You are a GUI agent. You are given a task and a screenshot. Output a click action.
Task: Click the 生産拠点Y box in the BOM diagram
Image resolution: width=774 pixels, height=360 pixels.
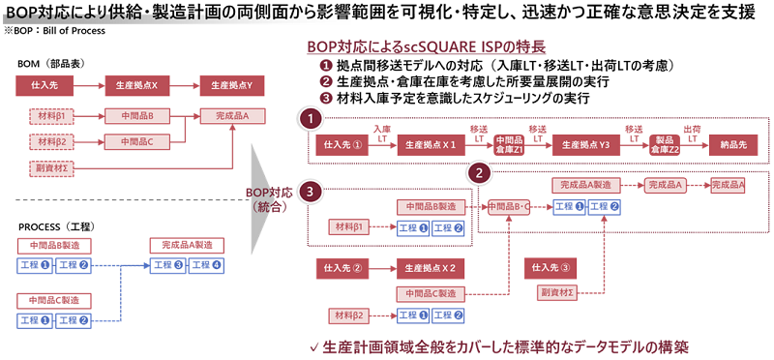coord(231,85)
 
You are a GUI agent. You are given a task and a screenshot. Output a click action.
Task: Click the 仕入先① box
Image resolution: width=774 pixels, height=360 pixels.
coord(343,144)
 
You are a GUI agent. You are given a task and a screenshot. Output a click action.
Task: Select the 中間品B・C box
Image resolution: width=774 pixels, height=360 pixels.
coord(509,206)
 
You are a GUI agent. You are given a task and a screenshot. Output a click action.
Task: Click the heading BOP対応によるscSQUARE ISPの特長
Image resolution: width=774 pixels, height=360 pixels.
coord(425,46)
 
